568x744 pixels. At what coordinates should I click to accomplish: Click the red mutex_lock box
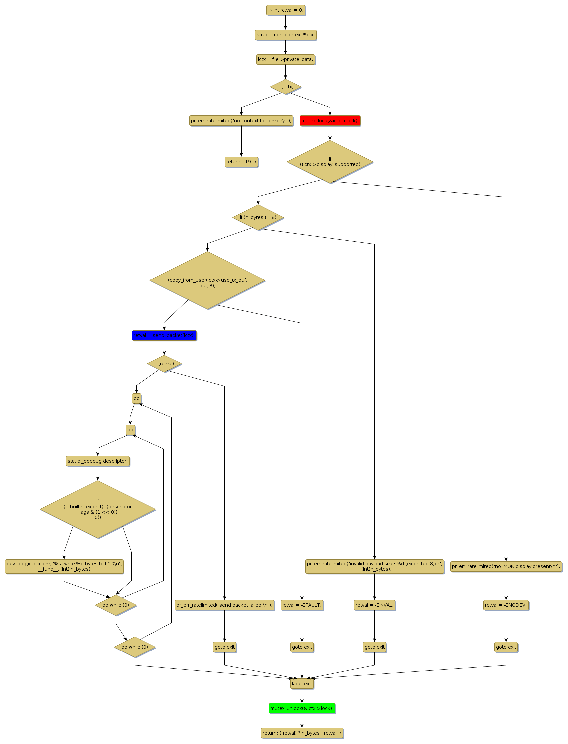[x=330, y=121]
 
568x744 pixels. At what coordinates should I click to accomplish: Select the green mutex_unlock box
[x=302, y=708]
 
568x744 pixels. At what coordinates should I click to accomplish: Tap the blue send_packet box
[x=164, y=335]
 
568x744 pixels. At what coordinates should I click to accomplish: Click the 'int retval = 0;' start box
[x=286, y=10]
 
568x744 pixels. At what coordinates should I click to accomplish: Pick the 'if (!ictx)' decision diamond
[x=286, y=87]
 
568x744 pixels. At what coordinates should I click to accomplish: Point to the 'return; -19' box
[x=241, y=162]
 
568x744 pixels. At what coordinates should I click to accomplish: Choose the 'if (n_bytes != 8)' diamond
[x=258, y=217]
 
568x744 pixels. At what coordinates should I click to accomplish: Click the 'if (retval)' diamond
[x=164, y=364]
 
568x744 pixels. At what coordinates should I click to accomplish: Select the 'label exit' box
[x=302, y=683]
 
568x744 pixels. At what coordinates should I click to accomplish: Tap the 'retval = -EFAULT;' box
[x=302, y=605]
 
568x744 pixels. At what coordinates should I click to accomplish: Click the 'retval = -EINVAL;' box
[x=374, y=605]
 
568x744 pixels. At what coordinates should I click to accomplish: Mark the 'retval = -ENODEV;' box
[x=506, y=605]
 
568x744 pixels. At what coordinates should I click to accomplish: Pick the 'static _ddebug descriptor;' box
[x=98, y=461]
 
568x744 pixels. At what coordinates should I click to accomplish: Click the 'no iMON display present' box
[x=506, y=566]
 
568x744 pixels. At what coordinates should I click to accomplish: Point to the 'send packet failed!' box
[x=224, y=605]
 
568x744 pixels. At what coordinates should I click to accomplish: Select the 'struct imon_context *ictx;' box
[x=286, y=35]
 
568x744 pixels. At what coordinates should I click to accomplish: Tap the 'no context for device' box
[x=241, y=121]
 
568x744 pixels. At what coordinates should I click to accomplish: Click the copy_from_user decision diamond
[x=207, y=280]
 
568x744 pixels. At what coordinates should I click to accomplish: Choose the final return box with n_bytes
[x=302, y=733]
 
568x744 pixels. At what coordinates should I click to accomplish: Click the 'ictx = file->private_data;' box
[x=286, y=59]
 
